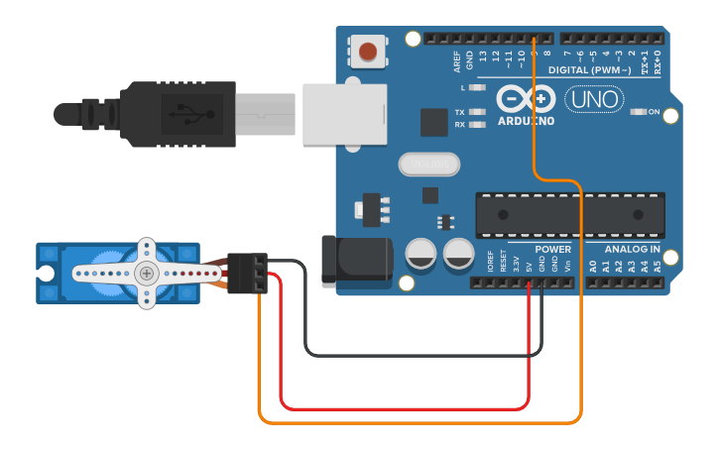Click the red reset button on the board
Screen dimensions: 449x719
[x=368, y=51]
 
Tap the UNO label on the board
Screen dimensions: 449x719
[x=594, y=99]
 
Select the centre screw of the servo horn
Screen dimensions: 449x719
[x=147, y=273]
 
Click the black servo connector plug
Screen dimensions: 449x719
[x=247, y=273]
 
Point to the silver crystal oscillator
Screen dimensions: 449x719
[x=429, y=164]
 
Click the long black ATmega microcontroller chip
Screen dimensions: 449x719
[x=569, y=215]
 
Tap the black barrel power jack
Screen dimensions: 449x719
[x=356, y=261]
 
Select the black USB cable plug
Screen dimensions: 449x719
[x=179, y=114]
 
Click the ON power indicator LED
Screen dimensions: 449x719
[x=639, y=112]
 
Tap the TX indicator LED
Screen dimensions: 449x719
[x=477, y=112]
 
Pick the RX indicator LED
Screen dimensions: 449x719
[x=477, y=125]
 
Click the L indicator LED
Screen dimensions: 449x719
[x=477, y=88]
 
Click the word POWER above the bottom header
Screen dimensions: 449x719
[x=552, y=249]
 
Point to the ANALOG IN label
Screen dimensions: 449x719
[x=632, y=249]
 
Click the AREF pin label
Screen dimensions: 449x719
[x=457, y=62]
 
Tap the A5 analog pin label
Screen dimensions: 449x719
[x=658, y=267]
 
